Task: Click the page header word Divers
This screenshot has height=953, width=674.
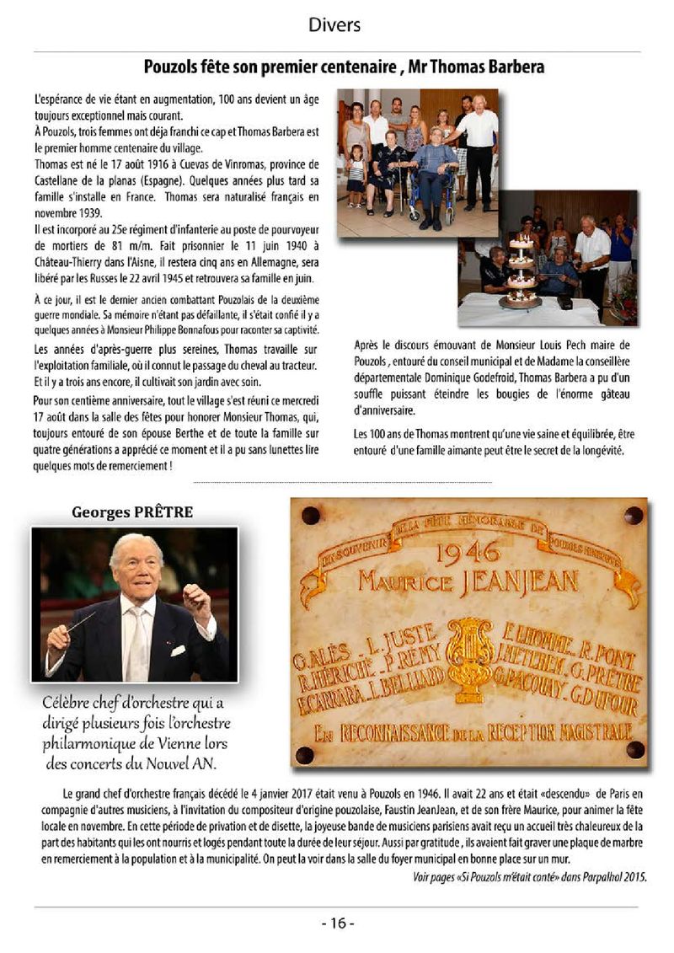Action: point(334,25)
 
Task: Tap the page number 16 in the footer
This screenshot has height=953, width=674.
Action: point(338,923)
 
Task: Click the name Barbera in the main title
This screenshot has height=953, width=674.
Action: point(515,67)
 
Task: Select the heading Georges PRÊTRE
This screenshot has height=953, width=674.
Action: point(132,511)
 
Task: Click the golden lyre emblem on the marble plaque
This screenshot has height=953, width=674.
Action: point(469,656)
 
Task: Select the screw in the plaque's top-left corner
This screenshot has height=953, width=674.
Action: point(310,515)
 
